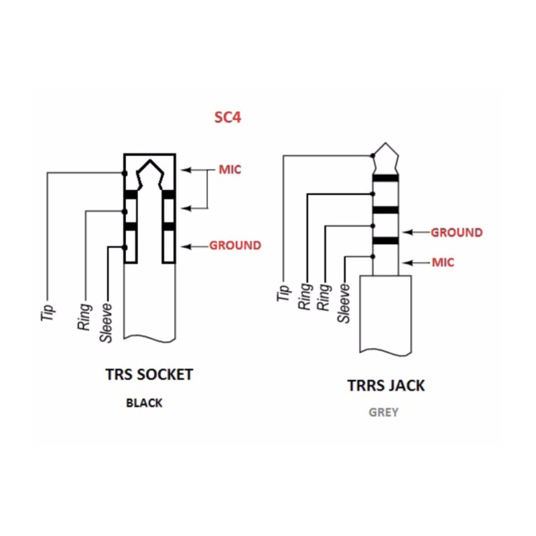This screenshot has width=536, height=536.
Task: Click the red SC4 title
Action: tap(228, 117)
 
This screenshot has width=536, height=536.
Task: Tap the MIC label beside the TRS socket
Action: tap(230, 170)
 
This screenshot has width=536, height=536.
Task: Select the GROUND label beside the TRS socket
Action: tap(235, 245)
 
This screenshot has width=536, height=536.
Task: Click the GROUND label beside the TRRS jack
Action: tap(457, 232)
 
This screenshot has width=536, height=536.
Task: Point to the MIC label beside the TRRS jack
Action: tap(443, 263)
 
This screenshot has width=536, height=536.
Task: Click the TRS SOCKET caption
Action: tap(149, 375)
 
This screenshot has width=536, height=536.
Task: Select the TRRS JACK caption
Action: tap(387, 386)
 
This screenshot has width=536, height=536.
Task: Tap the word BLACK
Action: tap(144, 403)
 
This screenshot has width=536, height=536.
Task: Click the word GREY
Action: tap(383, 412)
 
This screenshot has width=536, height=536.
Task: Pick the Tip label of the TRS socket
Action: tap(48, 313)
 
